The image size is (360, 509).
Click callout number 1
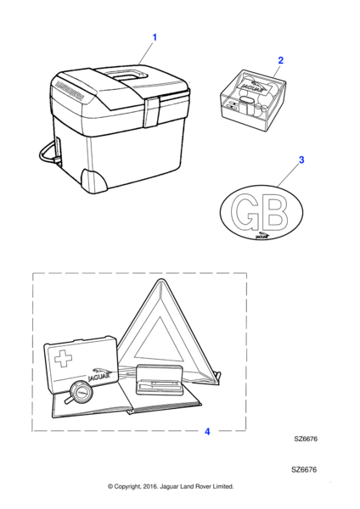155,37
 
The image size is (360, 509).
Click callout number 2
281,60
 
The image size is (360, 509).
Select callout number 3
301,159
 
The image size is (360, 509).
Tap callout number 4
207,432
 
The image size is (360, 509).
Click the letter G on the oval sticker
245,210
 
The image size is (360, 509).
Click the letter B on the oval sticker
274,211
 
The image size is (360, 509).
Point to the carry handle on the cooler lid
127,76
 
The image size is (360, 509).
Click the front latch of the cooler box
152,112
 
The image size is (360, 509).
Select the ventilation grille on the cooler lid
70,90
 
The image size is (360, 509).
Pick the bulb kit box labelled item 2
253,100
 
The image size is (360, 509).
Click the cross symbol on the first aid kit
64,358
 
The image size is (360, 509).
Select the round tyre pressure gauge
81,391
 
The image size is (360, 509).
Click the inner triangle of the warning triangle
160,342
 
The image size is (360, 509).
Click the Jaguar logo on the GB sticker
262,235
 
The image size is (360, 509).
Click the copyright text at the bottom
171,486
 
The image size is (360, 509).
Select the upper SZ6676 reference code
306,439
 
